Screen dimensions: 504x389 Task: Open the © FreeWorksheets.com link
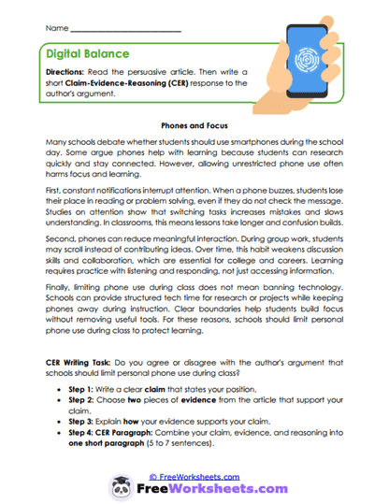click(194, 475)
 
